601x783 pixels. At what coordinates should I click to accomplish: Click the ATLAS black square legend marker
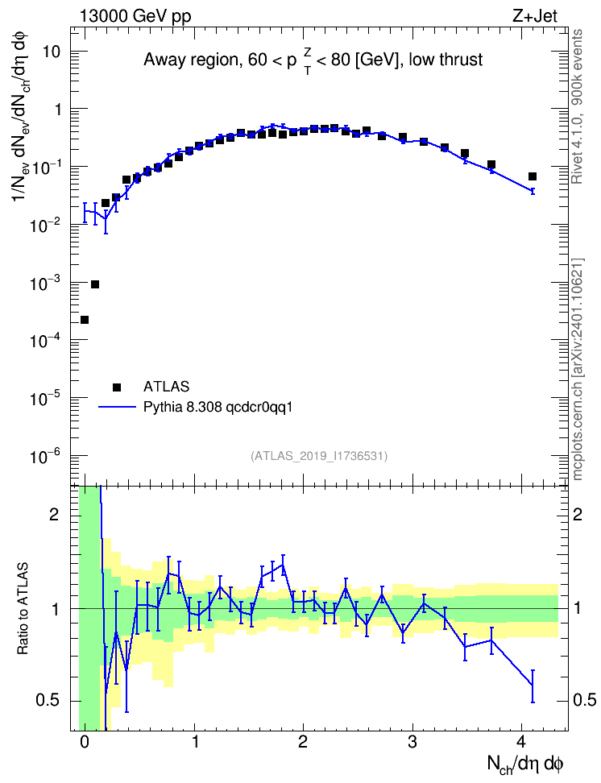click(117, 387)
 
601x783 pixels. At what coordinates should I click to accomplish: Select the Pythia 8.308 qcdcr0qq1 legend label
click(218, 407)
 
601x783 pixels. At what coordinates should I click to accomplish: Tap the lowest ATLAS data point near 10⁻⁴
click(85, 320)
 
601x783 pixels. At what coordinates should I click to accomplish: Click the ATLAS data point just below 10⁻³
click(95, 284)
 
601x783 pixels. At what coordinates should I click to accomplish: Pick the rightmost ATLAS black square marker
click(533, 176)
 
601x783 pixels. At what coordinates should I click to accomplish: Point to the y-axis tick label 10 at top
click(51, 52)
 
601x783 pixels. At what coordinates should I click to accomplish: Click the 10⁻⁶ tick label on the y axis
click(45, 455)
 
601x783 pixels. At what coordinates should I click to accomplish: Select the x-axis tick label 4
click(521, 742)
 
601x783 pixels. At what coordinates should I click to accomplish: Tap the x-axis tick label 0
click(85, 742)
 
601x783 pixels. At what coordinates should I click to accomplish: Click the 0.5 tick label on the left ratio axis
click(48, 700)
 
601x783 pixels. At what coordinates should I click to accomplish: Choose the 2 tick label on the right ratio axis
click(578, 514)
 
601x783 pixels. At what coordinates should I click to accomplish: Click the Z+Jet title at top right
click(535, 16)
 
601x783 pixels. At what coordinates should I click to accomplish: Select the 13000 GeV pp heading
click(135, 16)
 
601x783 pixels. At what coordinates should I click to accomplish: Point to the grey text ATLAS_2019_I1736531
click(319, 455)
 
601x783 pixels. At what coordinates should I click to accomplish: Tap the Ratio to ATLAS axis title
click(23, 608)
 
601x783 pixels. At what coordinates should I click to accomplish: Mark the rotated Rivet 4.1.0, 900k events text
click(577, 106)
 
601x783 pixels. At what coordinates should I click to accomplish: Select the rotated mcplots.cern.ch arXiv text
click(578, 369)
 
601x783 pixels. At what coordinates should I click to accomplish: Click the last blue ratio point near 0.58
click(533, 686)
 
